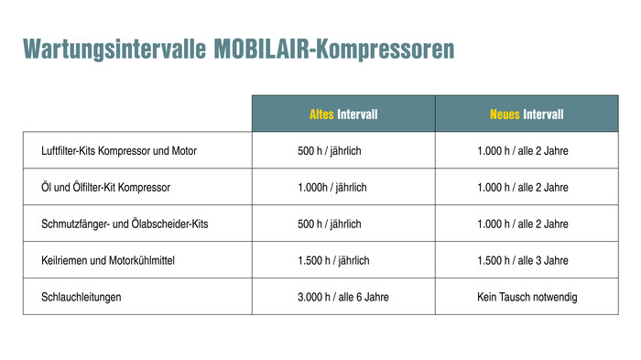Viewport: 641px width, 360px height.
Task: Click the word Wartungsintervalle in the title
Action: pyautogui.click(x=114, y=49)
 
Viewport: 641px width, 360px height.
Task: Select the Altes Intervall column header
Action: pyautogui.click(x=343, y=115)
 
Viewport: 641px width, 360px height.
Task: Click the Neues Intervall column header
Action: pyautogui.click(x=527, y=115)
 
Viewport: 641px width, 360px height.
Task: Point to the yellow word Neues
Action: pyautogui.click(x=505, y=115)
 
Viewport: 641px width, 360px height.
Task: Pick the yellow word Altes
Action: pyautogui.click(x=321, y=115)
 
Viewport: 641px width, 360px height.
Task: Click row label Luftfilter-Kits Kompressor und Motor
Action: pyautogui.click(x=119, y=150)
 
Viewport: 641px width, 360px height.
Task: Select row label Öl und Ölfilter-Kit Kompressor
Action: pyautogui.click(x=106, y=187)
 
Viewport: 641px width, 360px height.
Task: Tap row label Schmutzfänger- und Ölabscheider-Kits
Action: pyautogui.click(x=125, y=224)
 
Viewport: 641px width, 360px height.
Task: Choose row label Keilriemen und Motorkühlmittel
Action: pyautogui.click(x=108, y=260)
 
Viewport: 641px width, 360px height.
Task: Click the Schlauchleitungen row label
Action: pyautogui.click(x=81, y=297)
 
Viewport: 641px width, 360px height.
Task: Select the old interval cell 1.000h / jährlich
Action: pyautogui.click(x=332, y=187)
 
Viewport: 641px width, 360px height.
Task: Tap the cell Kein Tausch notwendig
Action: pyautogui.click(x=527, y=297)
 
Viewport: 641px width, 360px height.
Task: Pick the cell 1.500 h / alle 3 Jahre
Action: pyautogui.click(x=523, y=260)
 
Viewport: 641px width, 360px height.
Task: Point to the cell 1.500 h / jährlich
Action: pyautogui.click(x=333, y=260)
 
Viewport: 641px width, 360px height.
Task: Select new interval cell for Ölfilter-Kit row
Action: pyautogui.click(x=523, y=187)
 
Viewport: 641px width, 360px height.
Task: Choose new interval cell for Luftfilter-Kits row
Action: pyautogui.click(x=523, y=150)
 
